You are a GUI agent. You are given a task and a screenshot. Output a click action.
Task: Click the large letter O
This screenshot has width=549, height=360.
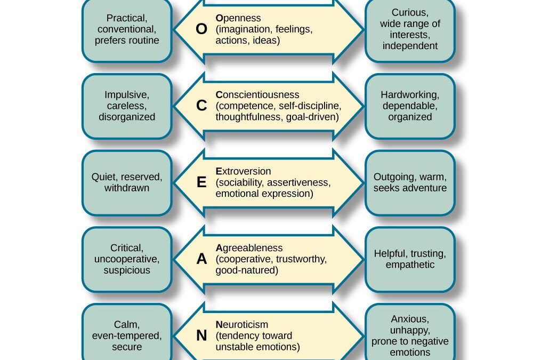(201, 29)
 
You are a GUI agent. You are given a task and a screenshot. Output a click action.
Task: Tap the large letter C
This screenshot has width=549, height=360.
(201, 106)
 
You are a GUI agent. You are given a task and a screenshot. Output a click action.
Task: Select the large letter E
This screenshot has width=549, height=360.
(201, 182)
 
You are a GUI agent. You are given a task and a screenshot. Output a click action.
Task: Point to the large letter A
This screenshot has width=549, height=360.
(201, 259)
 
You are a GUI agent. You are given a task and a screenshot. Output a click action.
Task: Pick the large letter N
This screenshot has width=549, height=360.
(201, 335)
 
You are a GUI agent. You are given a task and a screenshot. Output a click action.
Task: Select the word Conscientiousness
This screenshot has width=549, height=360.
(257, 94)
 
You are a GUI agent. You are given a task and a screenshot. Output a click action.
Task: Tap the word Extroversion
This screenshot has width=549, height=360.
(243, 171)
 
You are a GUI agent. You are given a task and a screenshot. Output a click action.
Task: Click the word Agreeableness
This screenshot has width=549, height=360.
(249, 248)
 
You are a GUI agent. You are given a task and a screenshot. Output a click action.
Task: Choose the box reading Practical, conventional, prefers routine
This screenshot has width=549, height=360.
(127, 29)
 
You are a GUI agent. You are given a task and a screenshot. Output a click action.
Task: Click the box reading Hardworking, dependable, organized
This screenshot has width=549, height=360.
(410, 106)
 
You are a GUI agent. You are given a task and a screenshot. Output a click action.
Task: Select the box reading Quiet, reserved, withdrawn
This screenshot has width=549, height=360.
(127, 182)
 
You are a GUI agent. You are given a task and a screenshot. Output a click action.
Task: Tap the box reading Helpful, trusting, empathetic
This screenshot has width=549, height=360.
(410, 259)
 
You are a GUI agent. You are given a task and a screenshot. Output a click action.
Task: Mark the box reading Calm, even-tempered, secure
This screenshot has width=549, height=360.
(127, 335)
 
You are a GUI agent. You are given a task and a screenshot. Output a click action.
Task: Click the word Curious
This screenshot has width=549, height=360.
(410, 12)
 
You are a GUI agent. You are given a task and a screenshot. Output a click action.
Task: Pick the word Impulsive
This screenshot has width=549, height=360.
(127, 95)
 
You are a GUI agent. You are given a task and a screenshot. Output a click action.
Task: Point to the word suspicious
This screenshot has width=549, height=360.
(127, 270)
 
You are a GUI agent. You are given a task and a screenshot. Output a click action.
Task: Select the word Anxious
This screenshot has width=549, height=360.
(410, 319)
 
